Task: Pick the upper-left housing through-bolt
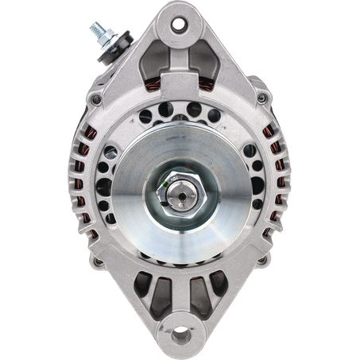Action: pos(95,99)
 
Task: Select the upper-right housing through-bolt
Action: pos(261,98)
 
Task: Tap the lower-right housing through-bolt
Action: pos(263,258)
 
